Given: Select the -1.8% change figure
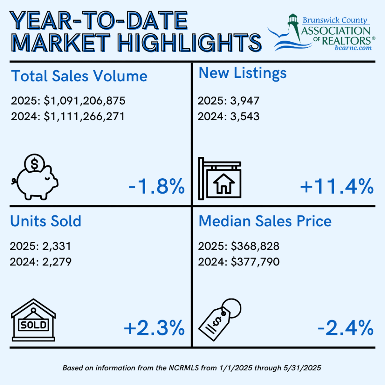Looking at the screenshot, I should (156, 186).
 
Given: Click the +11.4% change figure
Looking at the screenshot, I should (337, 186).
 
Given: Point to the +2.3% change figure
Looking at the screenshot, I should (154, 328).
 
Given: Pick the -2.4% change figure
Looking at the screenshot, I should (345, 328).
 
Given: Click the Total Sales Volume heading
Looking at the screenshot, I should (79, 76).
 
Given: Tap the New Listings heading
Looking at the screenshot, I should (243, 73).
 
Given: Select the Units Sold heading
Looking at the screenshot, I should (46, 221).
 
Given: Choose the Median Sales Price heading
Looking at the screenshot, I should (265, 221).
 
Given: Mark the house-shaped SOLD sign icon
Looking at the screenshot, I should (33, 320).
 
